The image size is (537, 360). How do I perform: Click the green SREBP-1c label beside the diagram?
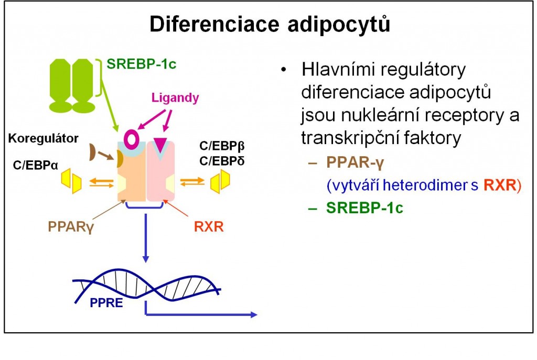(x=142, y=64)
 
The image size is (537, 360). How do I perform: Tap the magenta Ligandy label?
(x=175, y=98)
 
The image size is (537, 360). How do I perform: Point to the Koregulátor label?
(x=43, y=138)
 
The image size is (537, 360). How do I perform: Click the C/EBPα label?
(x=36, y=165)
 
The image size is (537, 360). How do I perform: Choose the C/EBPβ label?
(x=222, y=146)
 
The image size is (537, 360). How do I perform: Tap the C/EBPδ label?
(x=222, y=161)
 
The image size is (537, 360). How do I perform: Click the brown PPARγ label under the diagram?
(x=71, y=226)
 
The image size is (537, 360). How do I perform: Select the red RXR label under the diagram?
(x=209, y=226)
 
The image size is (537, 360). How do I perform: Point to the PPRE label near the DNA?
(x=106, y=303)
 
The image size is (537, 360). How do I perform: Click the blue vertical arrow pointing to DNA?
(x=146, y=238)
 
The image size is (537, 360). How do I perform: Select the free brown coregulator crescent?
(x=92, y=152)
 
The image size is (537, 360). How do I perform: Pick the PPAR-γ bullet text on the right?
(x=355, y=162)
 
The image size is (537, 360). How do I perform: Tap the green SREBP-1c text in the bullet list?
(x=364, y=208)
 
